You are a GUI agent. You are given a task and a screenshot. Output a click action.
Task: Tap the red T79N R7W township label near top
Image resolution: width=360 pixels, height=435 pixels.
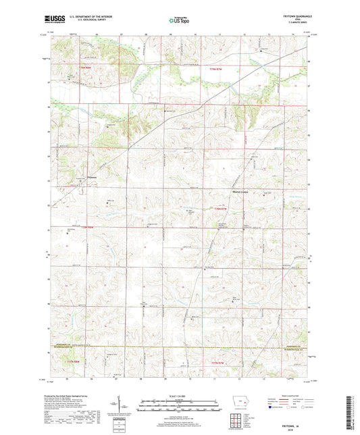coord(215,70)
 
